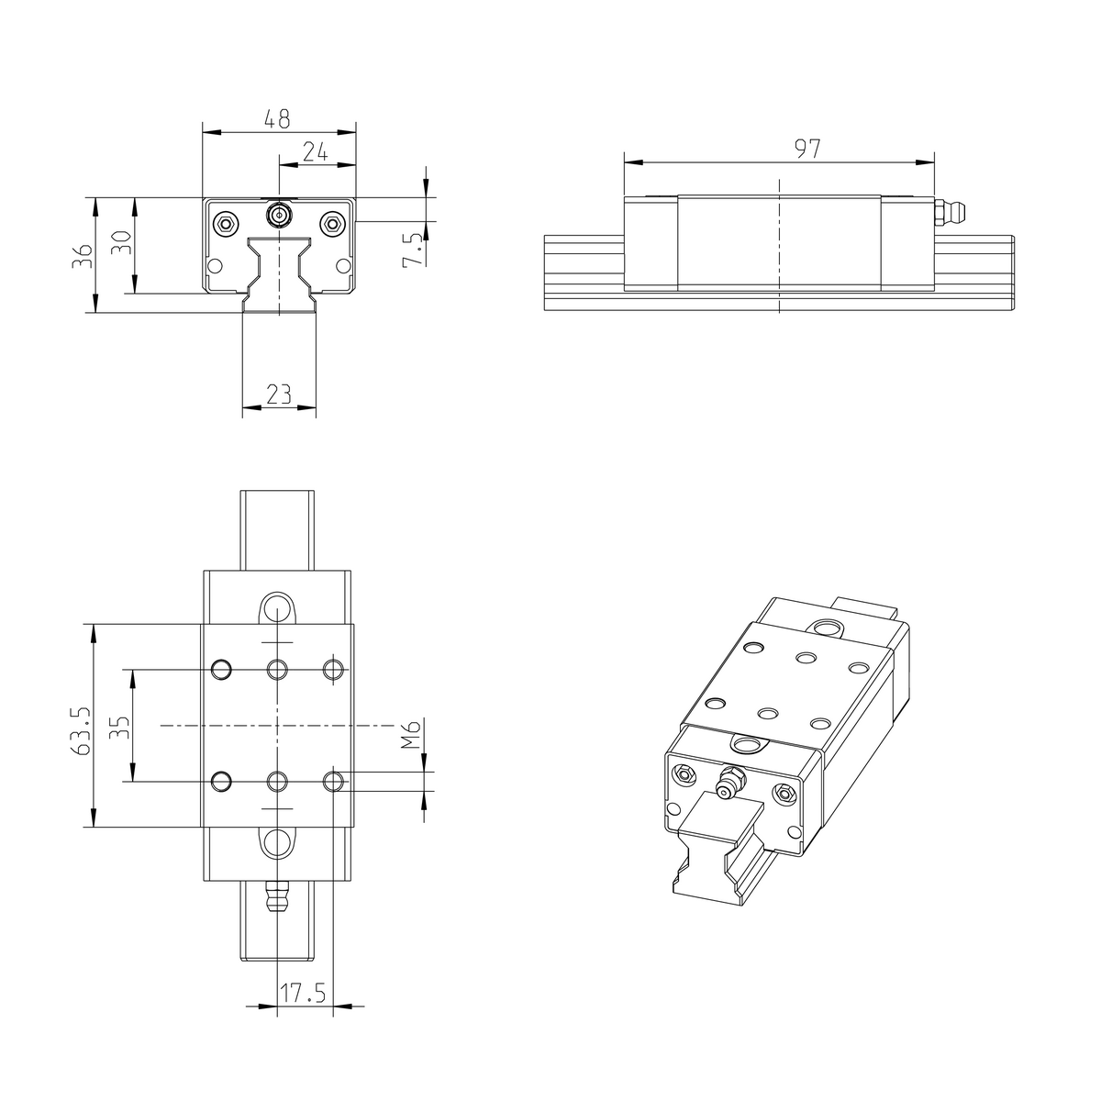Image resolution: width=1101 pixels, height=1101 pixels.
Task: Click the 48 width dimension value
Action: tap(277, 119)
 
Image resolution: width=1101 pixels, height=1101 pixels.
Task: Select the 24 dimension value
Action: tap(316, 152)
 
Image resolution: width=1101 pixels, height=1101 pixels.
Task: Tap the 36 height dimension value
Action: tap(83, 255)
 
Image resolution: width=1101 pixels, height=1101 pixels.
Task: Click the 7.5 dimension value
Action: tap(414, 250)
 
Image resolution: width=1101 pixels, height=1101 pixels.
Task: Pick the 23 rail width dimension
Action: tap(278, 395)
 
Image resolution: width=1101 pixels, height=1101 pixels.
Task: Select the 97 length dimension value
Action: tap(806, 149)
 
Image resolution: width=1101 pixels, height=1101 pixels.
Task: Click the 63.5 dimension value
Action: tap(81, 730)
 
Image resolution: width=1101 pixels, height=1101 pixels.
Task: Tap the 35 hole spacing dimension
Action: tap(120, 728)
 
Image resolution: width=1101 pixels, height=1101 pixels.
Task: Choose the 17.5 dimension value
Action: tap(304, 994)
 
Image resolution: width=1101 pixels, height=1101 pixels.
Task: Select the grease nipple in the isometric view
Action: tap(730, 783)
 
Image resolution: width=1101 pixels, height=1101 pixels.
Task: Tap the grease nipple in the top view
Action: tap(276, 895)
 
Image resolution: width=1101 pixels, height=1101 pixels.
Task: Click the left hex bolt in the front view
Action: tap(225, 223)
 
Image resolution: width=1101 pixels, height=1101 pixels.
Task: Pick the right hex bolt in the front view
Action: tap(333, 223)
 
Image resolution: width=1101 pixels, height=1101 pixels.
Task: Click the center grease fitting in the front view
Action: tap(278, 216)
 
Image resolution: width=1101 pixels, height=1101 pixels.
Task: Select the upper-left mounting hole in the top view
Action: tap(221, 670)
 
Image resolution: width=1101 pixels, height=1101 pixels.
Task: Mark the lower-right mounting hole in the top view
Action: tap(334, 781)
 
